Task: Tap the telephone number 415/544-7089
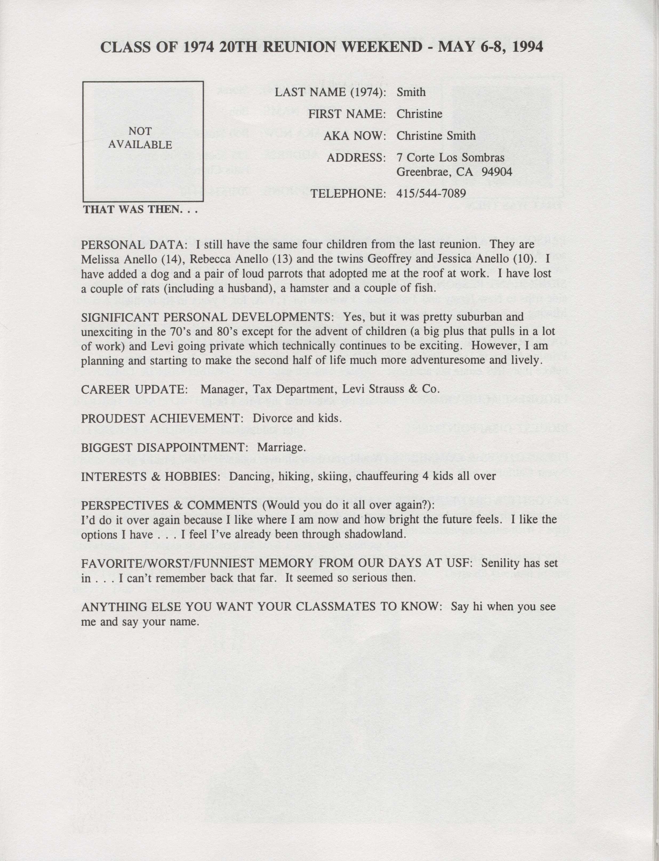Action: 431,193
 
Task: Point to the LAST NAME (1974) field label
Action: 330,92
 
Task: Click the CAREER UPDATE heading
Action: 132,389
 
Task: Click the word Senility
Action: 500,564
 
